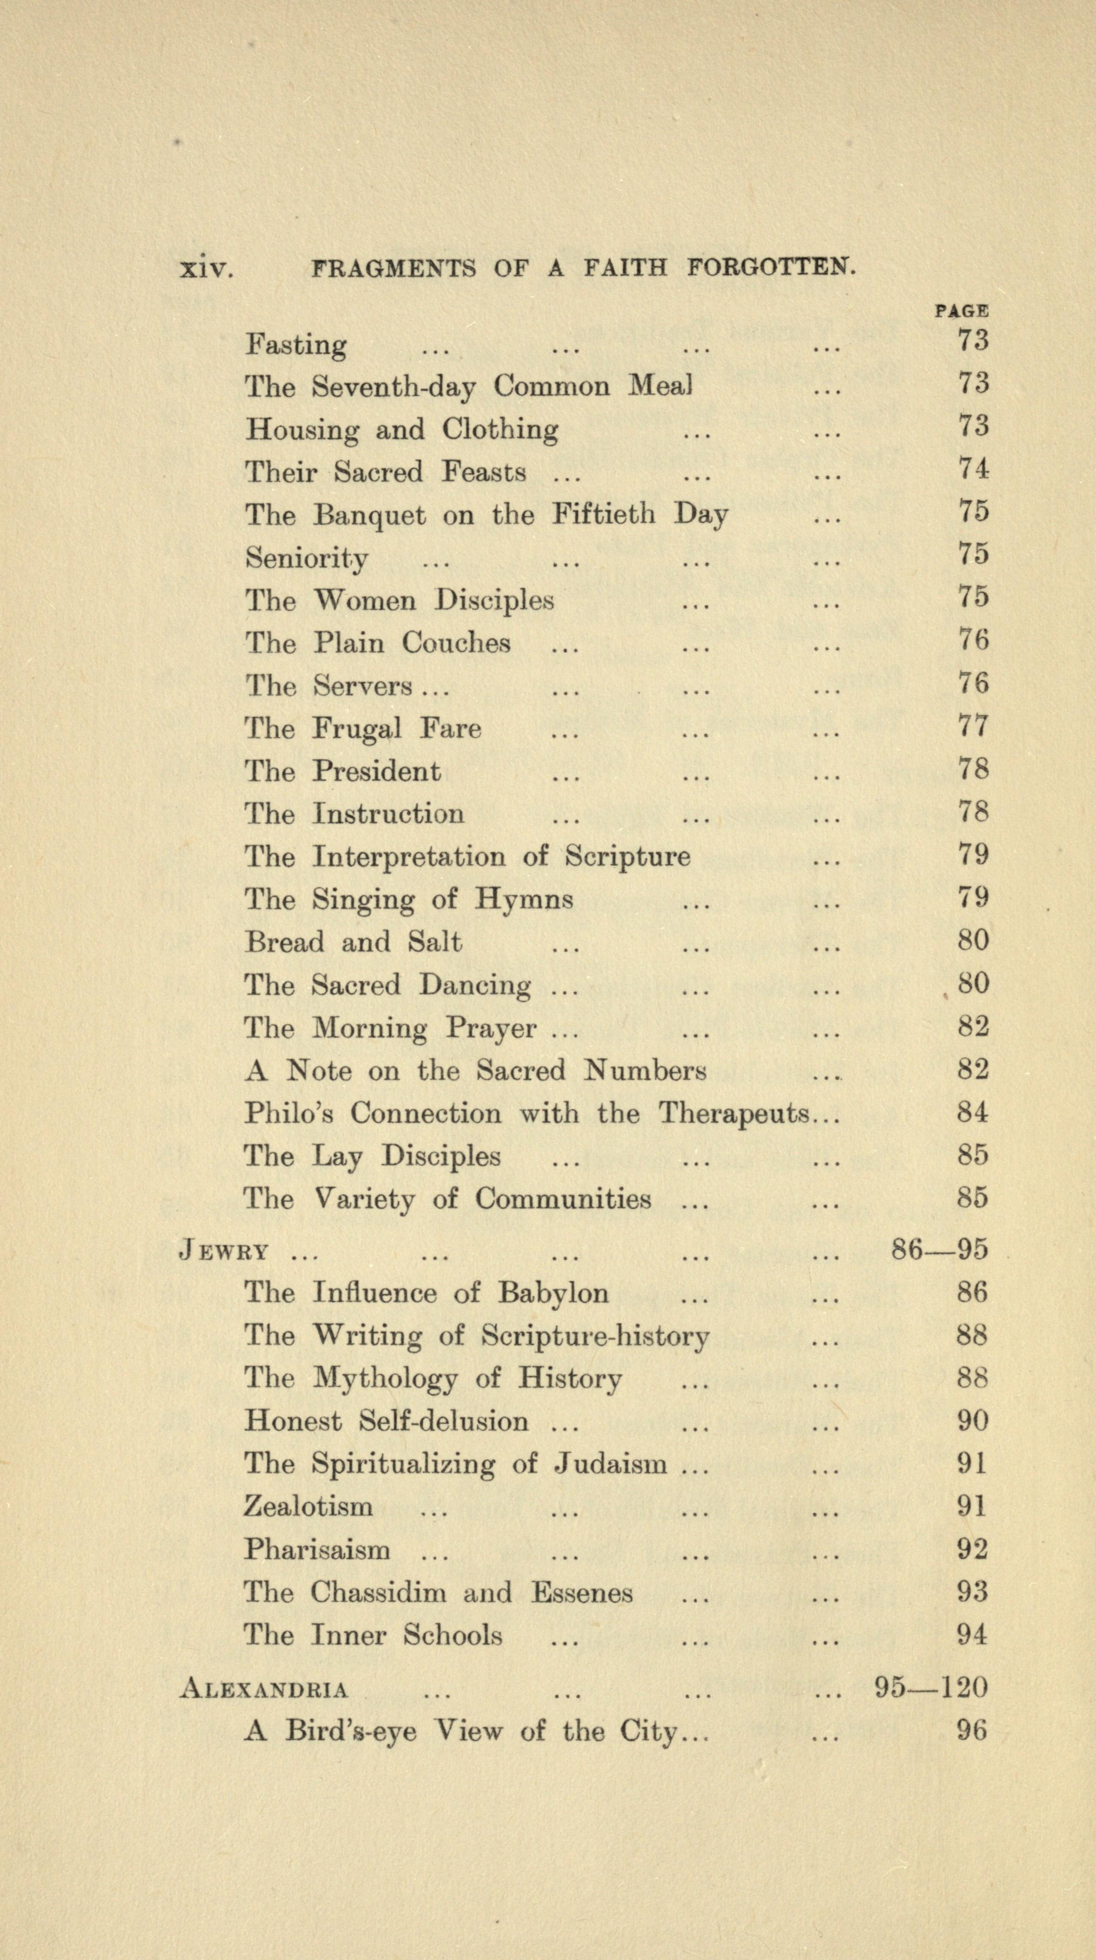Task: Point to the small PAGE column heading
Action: tap(961, 310)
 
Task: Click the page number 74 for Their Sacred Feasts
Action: tap(973, 469)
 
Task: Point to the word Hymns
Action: tap(524, 900)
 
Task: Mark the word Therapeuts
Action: tap(734, 1114)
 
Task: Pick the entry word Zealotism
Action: tap(308, 1506)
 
